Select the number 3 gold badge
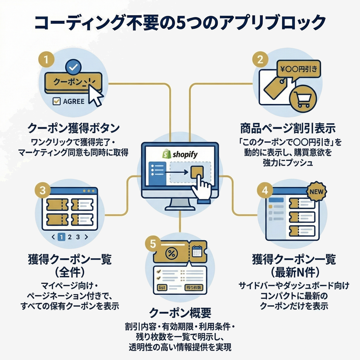pos(42,189)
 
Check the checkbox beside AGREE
pos(57,102)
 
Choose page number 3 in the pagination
pos(78,236)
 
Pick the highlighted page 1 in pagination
pos(62,236)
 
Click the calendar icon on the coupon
pos(197,252)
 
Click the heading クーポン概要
pos(180,312)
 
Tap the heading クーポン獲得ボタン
pos(74,128)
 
